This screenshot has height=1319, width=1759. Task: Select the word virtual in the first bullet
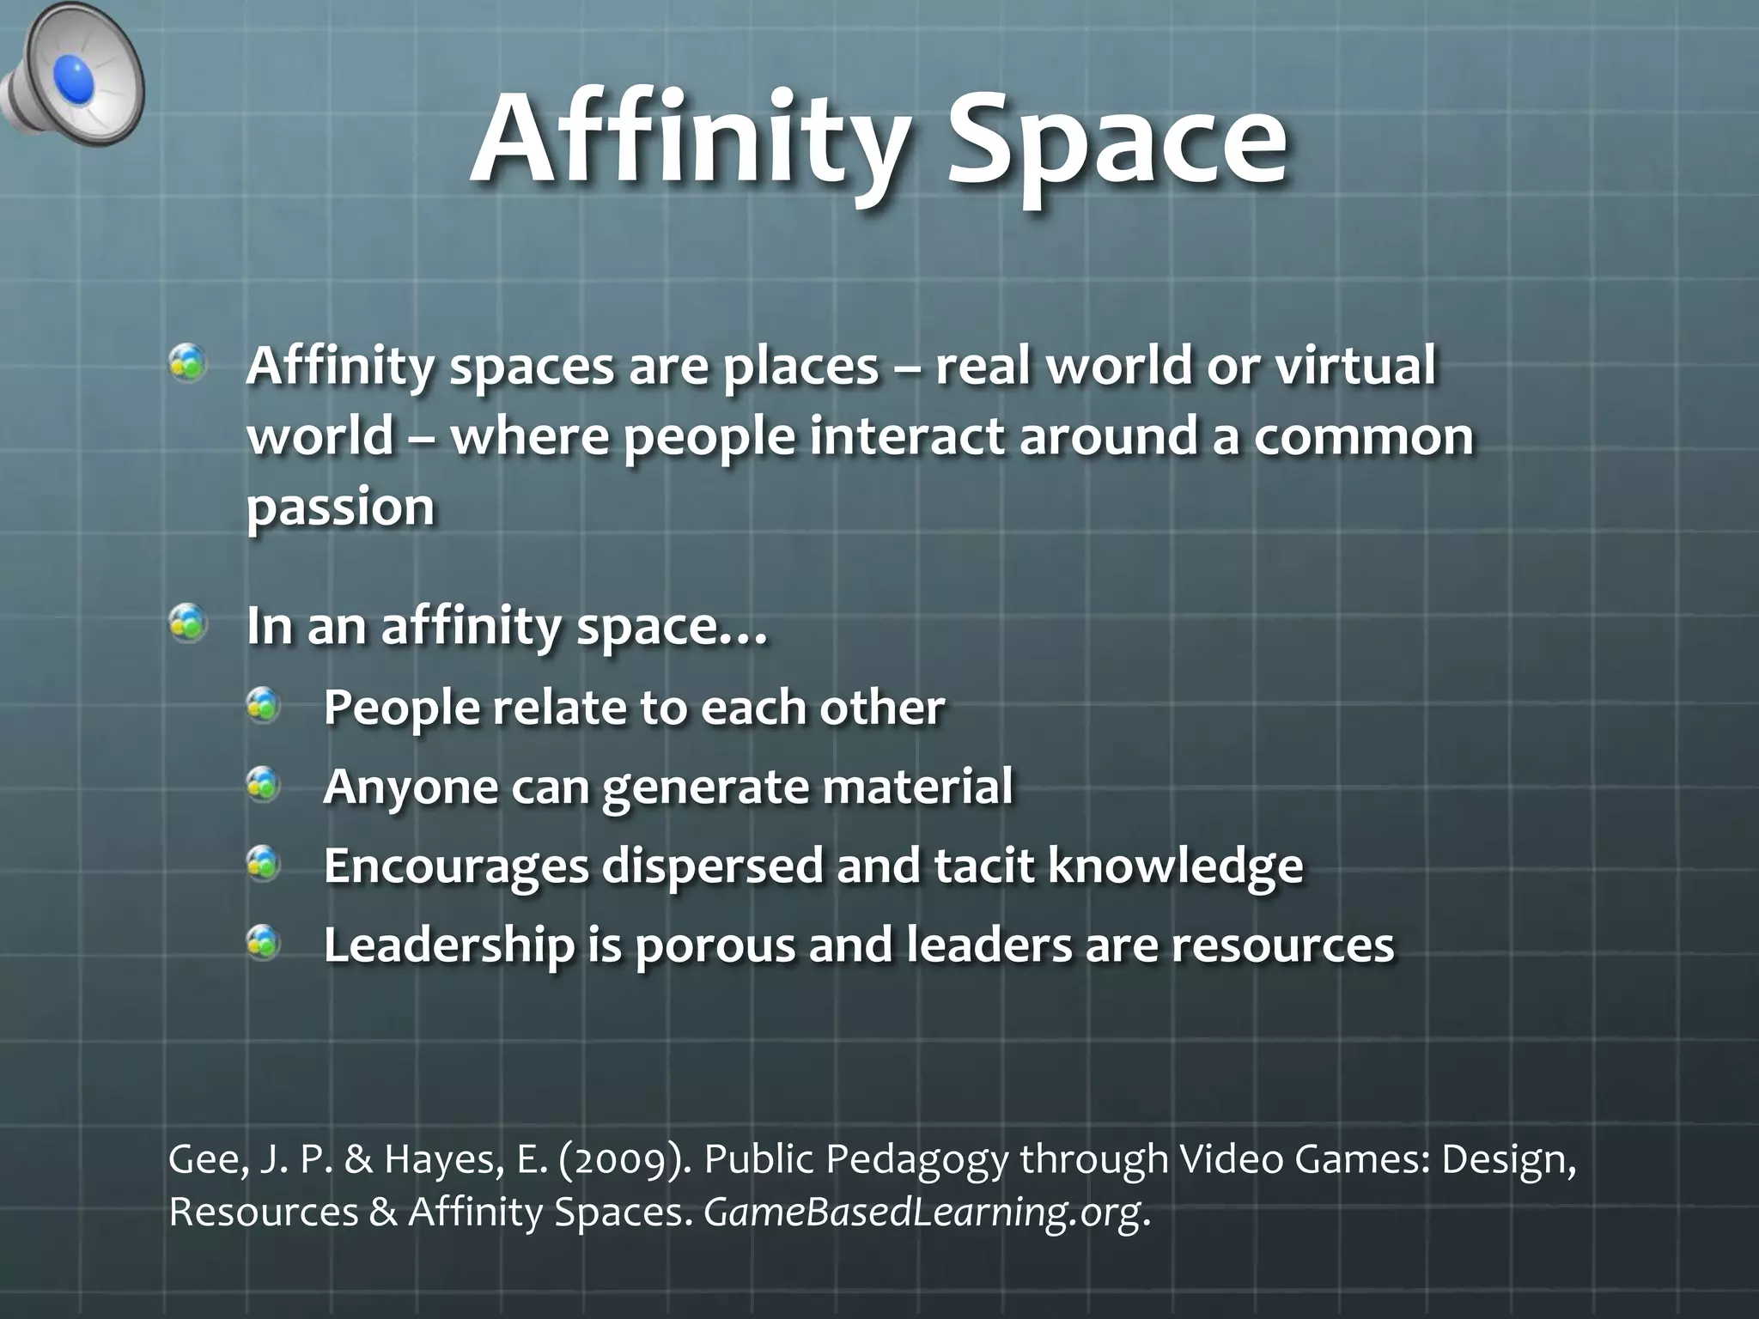click(1354, 365)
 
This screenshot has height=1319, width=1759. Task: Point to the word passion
click(340, 507)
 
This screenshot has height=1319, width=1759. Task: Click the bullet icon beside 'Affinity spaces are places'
click(187, 362)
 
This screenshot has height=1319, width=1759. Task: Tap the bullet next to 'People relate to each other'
click(264, 705)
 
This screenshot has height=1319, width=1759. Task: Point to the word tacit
click(984, 865)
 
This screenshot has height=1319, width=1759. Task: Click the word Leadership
click(448, 945)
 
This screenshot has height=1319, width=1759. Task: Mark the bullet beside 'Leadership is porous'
click(264, 943)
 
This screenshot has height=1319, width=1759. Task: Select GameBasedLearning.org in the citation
click(923, 1213)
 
